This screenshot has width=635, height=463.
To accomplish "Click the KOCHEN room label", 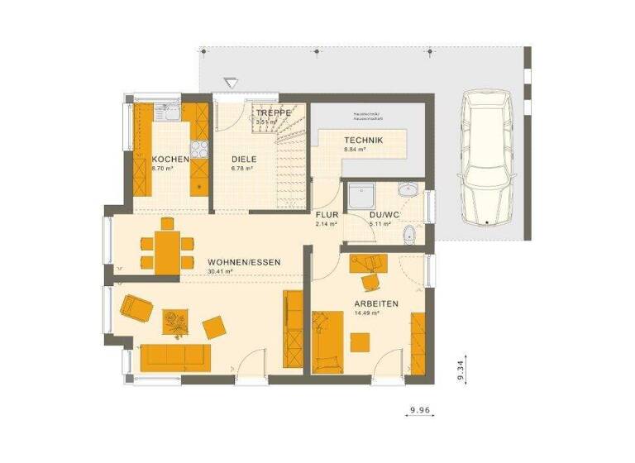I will click(x=170, y=159).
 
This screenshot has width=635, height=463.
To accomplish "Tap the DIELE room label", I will click(x=244, y=159).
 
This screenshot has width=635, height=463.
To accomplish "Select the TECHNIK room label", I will click(x=364, y=141).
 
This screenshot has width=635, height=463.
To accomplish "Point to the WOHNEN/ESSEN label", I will click(x=244, y=262).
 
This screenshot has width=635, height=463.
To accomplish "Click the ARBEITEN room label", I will click(x=376, y=304).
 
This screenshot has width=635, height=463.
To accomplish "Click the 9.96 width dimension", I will click(x=422, y=410).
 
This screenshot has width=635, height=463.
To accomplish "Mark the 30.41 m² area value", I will click(x=220, y=271).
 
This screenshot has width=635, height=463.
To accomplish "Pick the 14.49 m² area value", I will click(x=366, y=313).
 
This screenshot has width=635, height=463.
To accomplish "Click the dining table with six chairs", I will click(x=168, y=243).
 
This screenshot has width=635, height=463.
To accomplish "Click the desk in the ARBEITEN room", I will click(x=368, y=263).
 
